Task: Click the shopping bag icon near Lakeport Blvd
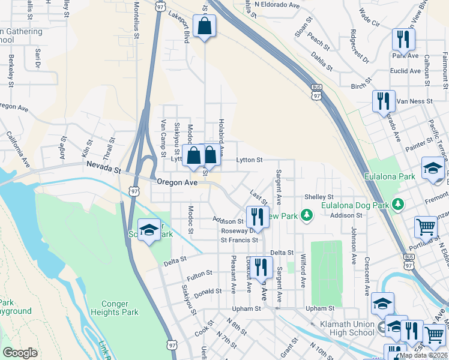tap(205, 27)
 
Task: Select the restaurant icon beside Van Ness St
tap(383, 101)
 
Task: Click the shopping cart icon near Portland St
tap(426, 228)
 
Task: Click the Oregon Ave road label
tap(176, 182)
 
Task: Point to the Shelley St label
tap(318, 197)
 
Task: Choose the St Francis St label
tap(239, 240)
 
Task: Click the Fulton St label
tap(199, 275)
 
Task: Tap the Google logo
tap(20, 353)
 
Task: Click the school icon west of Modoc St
tap(149, 230)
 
